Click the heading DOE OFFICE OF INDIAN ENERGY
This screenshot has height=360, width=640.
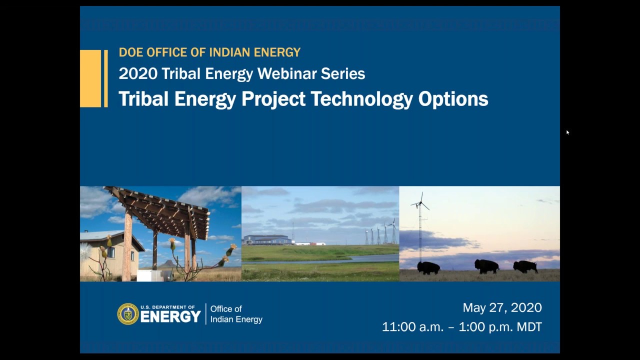click(x=209, y=52)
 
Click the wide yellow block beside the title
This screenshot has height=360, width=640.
click(x=90, y=78)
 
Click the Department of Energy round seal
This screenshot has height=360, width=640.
click(x=128, y=314)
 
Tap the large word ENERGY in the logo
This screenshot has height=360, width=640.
click(x=170, y=317)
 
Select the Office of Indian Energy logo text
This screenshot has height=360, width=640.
click(x=236, y=314)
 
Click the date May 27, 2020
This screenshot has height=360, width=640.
click(x=502, y=308)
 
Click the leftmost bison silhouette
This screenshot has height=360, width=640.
click(x=428, y=267)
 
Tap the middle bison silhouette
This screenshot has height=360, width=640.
click(x=486, y=266)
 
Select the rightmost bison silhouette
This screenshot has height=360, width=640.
click(x=525, y=267)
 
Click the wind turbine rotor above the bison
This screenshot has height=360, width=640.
click(x=419, y=203)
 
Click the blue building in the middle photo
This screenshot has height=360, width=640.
click(x=267, y=240)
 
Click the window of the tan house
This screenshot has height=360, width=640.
click(x=110, y=252)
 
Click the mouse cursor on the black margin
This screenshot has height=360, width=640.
click(x=567, y=132)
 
